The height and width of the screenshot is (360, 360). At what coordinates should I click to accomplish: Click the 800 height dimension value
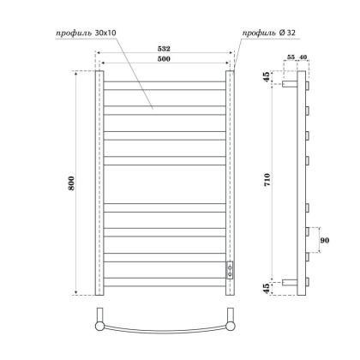point(73,183)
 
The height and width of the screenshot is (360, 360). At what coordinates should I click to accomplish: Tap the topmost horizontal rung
point(165,85)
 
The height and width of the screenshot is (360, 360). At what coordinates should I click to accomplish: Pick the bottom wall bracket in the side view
point(292,281)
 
